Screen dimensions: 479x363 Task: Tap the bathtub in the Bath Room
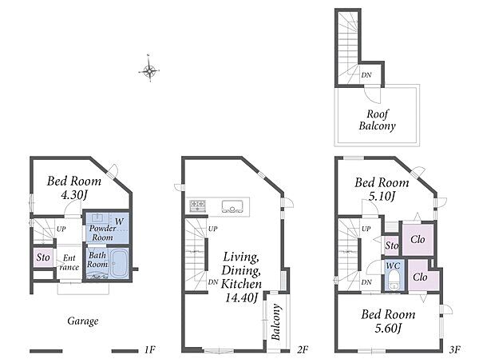119,264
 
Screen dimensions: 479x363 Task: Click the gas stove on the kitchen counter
197,205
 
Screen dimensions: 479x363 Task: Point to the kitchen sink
232,206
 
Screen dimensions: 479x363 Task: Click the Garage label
83,321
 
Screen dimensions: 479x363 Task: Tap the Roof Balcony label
378,120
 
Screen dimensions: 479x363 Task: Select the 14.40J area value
241,297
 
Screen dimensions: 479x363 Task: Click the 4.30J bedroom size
74,194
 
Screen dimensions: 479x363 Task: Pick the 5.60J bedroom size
388,329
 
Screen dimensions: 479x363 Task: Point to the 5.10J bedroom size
382,196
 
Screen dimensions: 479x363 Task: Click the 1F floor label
150,349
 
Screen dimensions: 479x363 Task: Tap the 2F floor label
303,349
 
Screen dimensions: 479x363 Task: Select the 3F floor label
455,349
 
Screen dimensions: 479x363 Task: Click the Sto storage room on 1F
43,257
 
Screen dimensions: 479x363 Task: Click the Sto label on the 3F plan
392,245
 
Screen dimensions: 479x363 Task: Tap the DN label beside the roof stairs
366,74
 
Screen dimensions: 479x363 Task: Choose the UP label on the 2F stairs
213,229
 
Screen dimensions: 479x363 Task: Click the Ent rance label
69,262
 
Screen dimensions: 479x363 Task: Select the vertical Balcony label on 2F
276,322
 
